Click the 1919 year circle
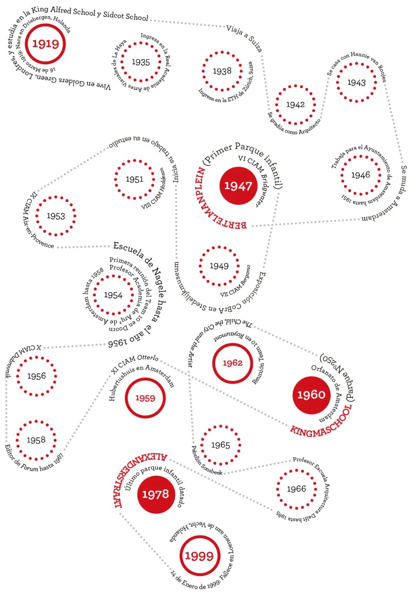coord(45,44)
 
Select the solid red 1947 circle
coord(238,186)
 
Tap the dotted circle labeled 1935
coord(141,62)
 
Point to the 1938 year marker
coord(222,71)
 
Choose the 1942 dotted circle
coord(295,105)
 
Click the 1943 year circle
coord(356,82)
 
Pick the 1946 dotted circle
coord(361,175)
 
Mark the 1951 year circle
coord(134,179)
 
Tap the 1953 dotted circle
coord(56,216)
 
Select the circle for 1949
coord(219,266)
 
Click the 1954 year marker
coord(113,295)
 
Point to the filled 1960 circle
coord(311,395)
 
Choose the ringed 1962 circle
coord(233,363)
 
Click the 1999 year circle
coord(199,556)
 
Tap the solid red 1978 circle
coord(156,494)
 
